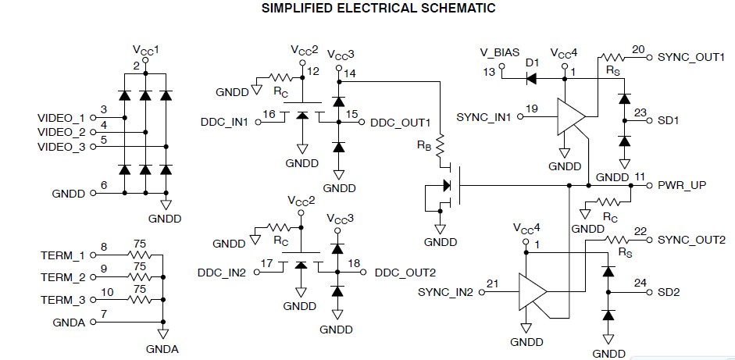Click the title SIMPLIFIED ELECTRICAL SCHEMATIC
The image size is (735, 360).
367,9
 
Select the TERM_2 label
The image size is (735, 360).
62,277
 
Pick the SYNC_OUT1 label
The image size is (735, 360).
691,57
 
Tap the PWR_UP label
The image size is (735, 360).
681,186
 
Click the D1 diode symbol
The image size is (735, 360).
531,78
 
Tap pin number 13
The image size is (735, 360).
490,72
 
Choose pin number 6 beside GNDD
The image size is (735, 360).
104,184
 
